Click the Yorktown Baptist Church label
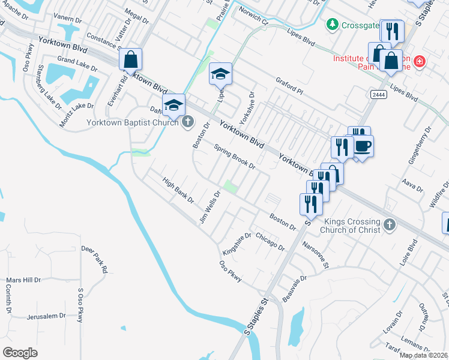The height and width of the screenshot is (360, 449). pos(133,122)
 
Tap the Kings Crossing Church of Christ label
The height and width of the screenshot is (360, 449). pos(350,226)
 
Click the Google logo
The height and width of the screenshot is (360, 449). pos(20,352)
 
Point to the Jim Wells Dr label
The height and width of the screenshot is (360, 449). pos(210,208)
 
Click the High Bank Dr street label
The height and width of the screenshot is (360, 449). pos(178,188)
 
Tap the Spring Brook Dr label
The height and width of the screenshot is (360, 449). pos(235,157)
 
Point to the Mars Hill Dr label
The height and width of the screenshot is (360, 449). pos(23,280)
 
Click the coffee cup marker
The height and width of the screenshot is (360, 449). pos(362,146)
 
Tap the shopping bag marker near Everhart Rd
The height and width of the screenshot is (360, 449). pos(130,60)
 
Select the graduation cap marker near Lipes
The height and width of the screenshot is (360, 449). pos(220,74)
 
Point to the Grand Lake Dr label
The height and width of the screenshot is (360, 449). pos(74,61)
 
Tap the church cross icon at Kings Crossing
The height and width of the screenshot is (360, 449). pos(390,225)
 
